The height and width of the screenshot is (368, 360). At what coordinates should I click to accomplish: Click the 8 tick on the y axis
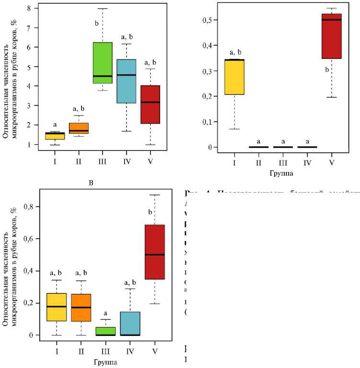30,8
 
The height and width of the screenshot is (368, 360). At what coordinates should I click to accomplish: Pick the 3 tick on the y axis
30,105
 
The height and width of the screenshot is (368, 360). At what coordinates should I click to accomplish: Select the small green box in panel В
106,331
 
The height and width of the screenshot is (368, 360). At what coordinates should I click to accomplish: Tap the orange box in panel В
81,308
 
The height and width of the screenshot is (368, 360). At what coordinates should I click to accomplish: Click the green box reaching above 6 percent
102,63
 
